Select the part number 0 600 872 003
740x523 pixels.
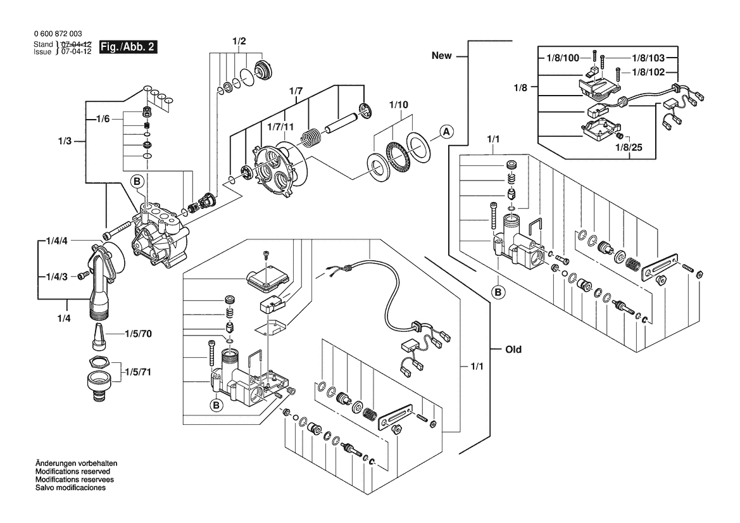(x=56, y=34)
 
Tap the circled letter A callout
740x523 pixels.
(x=446, y=132)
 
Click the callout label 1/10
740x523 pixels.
(x=399, y=104)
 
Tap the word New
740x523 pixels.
(x=442, y=56)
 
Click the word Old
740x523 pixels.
(x=513, y=350)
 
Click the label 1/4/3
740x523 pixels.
(x=58, y=277)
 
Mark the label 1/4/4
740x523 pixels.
(x=58, y=241)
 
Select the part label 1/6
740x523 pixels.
(x=103, y=118)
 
